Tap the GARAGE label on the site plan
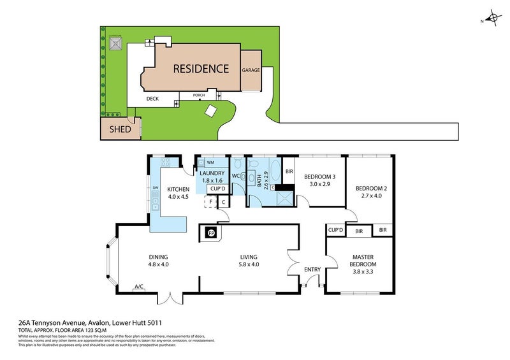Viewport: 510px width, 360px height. click(251, 70)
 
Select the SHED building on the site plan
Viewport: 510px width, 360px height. click(120, 129)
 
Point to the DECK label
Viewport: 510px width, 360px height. click(152, 99)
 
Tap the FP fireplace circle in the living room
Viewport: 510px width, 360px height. click(211, 234)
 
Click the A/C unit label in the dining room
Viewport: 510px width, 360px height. click(138, 287)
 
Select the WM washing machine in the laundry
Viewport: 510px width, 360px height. click(210, 162)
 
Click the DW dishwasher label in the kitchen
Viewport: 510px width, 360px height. click(155, 187)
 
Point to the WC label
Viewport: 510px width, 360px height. click(236, 176)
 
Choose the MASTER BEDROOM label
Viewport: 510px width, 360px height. click(363, 261)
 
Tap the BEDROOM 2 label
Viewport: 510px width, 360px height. click(370, 189)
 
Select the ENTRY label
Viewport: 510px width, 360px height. click(312, 270)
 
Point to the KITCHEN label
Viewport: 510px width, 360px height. click(178, 189)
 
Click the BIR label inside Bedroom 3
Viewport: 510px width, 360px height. click(289, 171)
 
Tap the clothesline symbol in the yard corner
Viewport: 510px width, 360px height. click(115, 43)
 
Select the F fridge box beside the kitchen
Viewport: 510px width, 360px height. click(210, 202)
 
